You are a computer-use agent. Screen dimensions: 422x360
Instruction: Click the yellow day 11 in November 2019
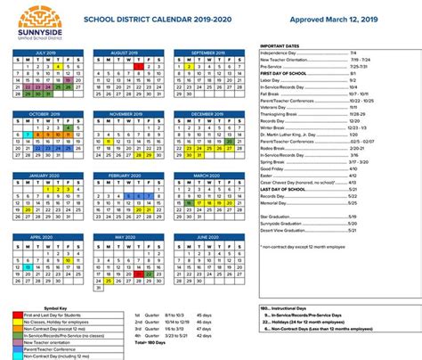[108, 141]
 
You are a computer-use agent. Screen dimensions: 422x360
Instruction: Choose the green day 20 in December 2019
[229, 141]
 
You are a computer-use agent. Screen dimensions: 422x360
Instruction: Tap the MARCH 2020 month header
[206, 176]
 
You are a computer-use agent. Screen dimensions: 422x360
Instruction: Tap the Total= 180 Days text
[150, 341]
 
